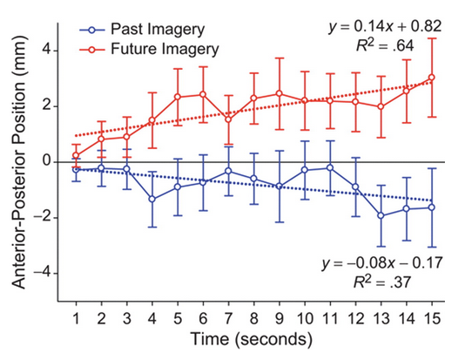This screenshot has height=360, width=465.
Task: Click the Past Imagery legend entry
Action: [142, 30]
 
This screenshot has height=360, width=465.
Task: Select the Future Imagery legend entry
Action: [150, 49]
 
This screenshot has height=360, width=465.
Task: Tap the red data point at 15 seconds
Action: [432, 78]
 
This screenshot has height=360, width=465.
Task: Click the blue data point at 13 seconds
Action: [381, 216]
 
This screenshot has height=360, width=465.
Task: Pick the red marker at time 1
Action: [77, 155]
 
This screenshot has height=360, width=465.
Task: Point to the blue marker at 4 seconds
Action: [152, 199]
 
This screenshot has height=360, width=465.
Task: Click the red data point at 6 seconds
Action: [203, 95]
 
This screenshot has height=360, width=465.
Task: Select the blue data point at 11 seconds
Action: [330, 168]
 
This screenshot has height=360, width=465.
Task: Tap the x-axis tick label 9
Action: [280, 318]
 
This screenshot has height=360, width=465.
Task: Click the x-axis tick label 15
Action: [432, 318]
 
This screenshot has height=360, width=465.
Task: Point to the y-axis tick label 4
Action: [47, 51]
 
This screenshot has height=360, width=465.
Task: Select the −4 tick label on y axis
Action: [42, 273]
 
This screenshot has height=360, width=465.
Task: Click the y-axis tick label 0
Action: [47, 162]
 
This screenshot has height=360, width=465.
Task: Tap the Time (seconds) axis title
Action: [252, 340]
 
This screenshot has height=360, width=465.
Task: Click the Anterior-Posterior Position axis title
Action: [19, 162]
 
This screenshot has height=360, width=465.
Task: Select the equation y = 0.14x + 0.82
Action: [385, 27]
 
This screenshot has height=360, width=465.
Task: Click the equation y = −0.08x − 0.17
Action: [382, 263]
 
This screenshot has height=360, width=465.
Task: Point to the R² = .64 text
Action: [385, 45]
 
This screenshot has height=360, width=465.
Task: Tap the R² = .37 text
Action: [382, 282]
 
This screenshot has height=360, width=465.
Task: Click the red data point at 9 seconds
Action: [280, 94]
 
